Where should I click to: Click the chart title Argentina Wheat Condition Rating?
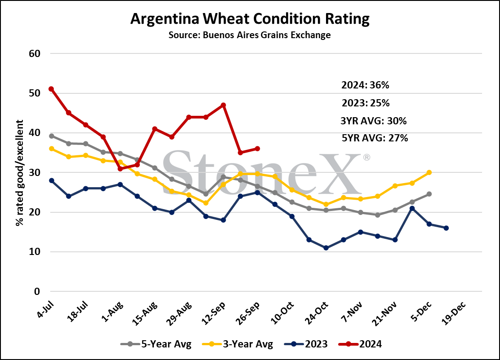pos(250,19)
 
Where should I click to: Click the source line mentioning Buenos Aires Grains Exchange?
pos(250,35)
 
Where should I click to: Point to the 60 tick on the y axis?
pos(35,53)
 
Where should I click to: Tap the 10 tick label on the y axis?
pos(35,252)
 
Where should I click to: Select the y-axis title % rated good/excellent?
pos(19,173)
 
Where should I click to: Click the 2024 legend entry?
pos(360,344)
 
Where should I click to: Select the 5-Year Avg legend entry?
pos(156,344)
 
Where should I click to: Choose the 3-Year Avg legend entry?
pos(238,344)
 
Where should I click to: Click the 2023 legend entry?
pos(306,344)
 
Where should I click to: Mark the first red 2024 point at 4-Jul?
pos(51,89)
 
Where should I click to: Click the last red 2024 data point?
pos(257,149)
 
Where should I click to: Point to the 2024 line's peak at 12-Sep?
pos(223,105)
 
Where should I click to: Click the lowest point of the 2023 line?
pos(326,248)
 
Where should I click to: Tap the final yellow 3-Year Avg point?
pos(429,172)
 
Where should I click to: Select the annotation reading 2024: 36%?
pos(365,85)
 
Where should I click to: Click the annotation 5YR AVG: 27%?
pos(375,138)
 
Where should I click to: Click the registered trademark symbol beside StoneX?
pos(367,158)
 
